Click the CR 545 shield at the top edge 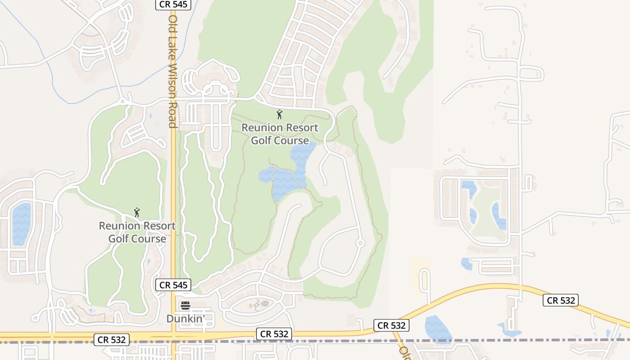174,4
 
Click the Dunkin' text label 185,319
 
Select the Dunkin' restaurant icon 185,306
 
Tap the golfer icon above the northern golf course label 279,114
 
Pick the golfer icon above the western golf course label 137,212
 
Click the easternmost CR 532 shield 560,300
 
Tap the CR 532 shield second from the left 274,334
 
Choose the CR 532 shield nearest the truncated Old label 391,325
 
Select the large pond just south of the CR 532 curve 437,329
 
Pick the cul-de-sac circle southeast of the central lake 360,243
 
